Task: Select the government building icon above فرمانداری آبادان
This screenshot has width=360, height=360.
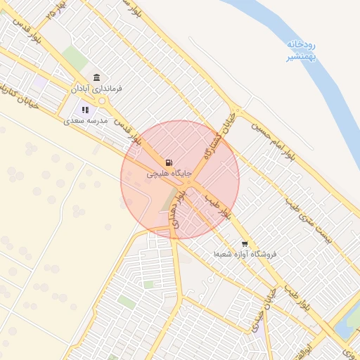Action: coord(96,77)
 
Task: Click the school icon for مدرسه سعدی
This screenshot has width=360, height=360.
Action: coord(85,109)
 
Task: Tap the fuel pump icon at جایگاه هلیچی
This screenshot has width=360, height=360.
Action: coord(167,162)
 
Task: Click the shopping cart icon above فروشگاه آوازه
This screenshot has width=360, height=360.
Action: coord(245,245)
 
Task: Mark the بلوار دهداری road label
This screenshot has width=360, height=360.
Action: coord(184,205)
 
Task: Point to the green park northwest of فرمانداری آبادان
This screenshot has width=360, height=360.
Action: coord(75,58)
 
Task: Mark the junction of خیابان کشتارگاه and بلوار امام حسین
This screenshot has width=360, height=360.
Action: coord(238,110)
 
